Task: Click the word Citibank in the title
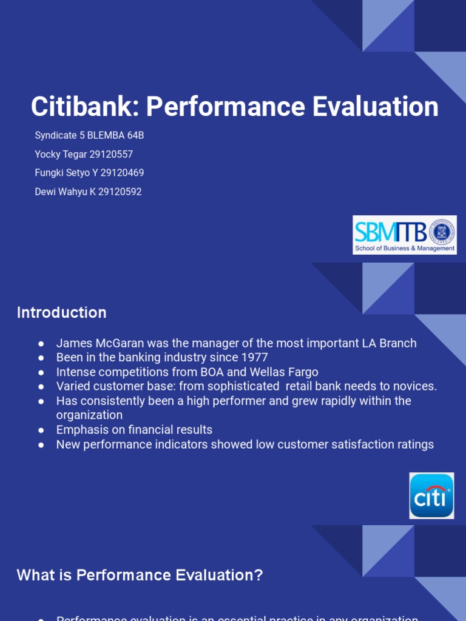point(85,107)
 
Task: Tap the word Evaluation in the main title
point(376,107)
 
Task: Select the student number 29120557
point(111,154)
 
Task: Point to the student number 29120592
point(120,192)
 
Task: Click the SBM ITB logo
point(404,235)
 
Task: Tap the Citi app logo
point(431,495)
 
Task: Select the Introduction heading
point(61,312)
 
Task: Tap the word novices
point(415,386)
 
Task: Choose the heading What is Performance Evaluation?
point(140,575)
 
